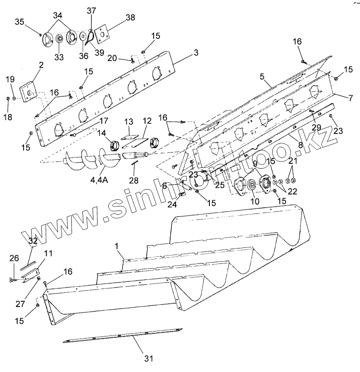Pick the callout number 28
[x=133, y=180]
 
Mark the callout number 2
[x=41, y=65]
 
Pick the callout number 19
[x=10, y=79]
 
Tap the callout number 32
[x=33, y=241]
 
